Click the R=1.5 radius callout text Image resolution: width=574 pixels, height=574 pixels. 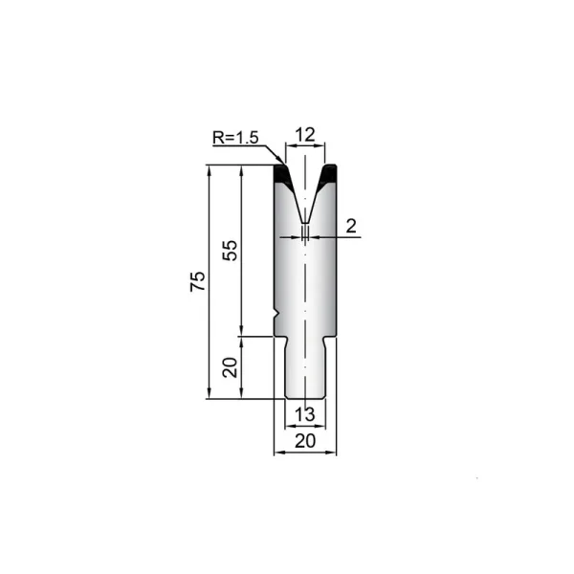[x=235, y=138]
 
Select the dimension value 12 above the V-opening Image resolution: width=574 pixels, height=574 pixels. [x=305, y=135]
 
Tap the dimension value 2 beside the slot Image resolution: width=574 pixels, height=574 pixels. [x=351, y=226]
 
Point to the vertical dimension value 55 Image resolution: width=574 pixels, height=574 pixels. [x=231, y=251]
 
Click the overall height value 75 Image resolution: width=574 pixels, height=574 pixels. [x=198, y=281]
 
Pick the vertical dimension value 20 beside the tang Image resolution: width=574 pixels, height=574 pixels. [x=231, y=367]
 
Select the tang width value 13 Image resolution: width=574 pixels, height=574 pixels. [x=304, y=414]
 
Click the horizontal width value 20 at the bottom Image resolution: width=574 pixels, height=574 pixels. [x=305, y=441]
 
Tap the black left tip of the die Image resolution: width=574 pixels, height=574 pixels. [x=282, y=174]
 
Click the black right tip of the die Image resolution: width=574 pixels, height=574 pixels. [x=328, y=174]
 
